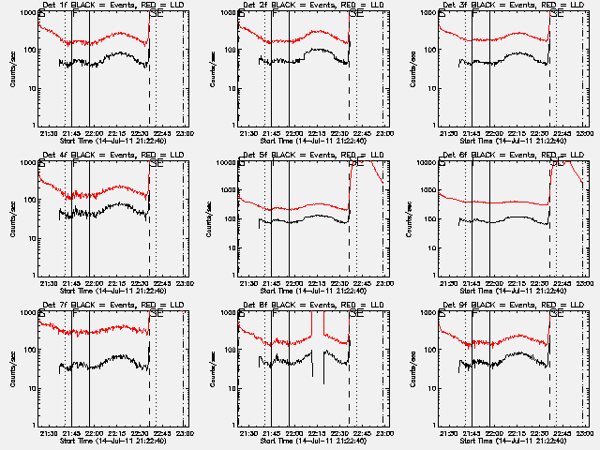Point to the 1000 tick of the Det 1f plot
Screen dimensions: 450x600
[27, 13]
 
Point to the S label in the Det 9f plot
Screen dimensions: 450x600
[442, 314]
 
